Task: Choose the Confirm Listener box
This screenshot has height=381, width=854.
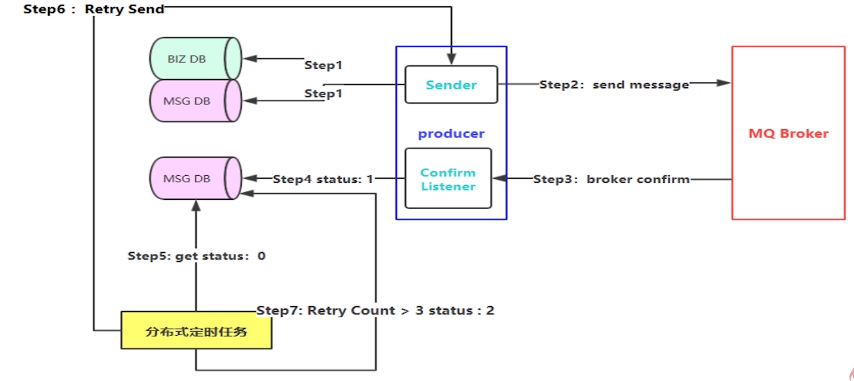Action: click(x=448, y=179)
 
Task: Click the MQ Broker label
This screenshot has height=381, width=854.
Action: click(x=788, y=134)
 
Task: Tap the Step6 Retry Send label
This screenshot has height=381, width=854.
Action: click(x=94, y=9)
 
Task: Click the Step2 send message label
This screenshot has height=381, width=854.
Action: click(x=614, y=85)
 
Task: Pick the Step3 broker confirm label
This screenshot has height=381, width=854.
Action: click(x=611, y=179)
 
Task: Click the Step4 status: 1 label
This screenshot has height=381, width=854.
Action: click(x=323, y=179)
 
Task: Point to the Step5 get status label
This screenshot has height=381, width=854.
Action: click(x=196, y=256)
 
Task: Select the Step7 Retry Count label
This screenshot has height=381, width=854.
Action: click(x=375, y=310)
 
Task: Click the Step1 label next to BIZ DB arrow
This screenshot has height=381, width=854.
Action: click(x=323, y=65)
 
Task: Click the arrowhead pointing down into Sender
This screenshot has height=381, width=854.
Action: click(x=451, y=59)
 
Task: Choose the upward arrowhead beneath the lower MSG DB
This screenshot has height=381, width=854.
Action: click(x=196, y=206)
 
